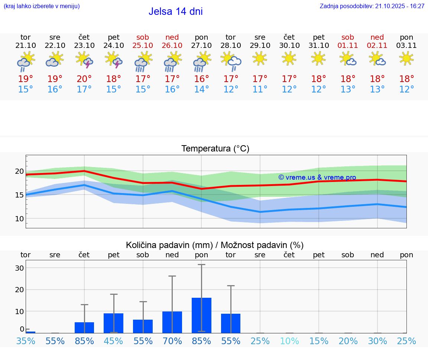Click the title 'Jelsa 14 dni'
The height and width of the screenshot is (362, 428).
[x=175, y=12]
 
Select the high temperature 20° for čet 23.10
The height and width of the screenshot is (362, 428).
[x=84, y=79]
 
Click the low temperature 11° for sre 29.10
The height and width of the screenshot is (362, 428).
[x=260, y=89]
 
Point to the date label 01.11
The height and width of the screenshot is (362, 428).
[x=348, y=46]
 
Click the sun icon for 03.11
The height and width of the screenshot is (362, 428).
[x=406, y=58]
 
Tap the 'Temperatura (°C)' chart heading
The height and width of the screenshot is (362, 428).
[x=215, y=149]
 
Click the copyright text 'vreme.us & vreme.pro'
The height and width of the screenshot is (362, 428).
[x=317, y=177]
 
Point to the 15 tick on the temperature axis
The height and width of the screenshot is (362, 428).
[x=19, y=195]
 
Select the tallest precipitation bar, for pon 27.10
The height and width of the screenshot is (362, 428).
[x=201, y=315]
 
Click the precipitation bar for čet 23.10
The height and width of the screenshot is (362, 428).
[x=84, y=327]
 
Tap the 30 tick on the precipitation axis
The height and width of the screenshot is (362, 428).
[x=19, y=268]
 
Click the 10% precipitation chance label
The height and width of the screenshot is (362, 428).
[x=289, y=341]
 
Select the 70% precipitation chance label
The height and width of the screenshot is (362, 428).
[x=172, y=341]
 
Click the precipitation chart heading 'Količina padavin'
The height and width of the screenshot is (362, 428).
[x=215, y=245]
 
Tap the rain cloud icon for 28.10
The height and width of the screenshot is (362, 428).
[x=231, y=62]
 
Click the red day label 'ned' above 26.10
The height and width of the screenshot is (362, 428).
[x=172, y=37]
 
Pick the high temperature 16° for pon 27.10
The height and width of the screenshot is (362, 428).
[x=201, y=79]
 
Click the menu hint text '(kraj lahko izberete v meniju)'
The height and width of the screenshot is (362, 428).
[x=42, y=6]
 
